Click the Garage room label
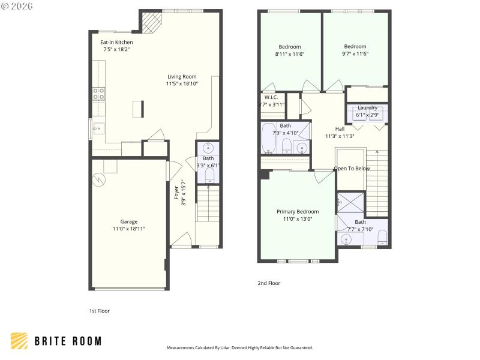128,221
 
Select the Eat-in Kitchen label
116,43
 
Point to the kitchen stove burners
98,94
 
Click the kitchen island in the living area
139,109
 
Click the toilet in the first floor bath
209,175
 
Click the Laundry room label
367,108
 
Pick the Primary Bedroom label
298,212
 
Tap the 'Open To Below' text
352,169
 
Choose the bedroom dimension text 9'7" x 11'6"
355,54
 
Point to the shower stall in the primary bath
350,202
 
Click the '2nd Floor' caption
269,283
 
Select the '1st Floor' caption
99,311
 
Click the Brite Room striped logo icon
19,341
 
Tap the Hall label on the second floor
340,129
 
